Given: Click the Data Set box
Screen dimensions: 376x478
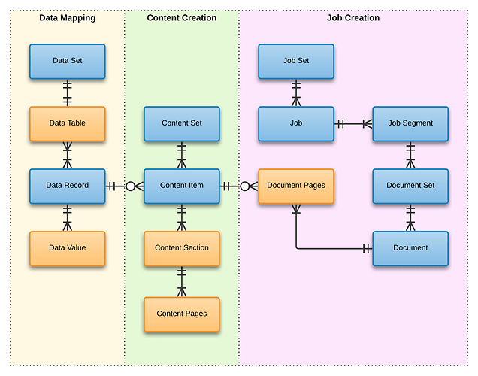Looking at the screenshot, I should click(68, 61).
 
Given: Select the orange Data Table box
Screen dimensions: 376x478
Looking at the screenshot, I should click(68, 123).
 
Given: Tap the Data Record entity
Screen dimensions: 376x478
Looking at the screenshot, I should click(68, 186).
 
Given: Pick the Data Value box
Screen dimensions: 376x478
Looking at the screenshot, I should click(68, 248).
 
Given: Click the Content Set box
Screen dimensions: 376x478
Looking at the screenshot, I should click(182, 123).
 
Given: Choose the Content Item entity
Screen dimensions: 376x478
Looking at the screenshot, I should click(182, 186).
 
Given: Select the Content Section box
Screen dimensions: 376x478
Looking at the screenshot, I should click(182, 248).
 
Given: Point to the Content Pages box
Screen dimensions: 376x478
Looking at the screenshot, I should click(182, 314).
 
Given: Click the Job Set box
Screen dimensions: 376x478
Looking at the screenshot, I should click(296, 61).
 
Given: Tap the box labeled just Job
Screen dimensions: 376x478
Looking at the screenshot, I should click(296, 123).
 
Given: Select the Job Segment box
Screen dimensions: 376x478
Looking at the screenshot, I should click(410, 123).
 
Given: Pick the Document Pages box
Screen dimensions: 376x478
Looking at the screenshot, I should click(296, 186).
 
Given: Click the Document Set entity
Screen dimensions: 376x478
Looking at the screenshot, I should click(410, 186).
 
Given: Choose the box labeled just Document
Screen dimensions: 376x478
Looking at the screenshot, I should click(410, 248).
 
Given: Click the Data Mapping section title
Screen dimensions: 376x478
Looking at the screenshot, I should click(67, 18).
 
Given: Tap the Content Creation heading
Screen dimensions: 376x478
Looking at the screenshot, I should click(182, 18).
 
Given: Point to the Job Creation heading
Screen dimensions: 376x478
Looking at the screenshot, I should click(353, 18).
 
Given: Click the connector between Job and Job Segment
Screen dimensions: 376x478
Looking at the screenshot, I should click(353, 123).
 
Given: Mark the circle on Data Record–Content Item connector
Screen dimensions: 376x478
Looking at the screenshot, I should click(131, 186).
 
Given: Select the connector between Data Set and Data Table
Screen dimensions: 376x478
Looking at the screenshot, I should click(68, 92).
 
